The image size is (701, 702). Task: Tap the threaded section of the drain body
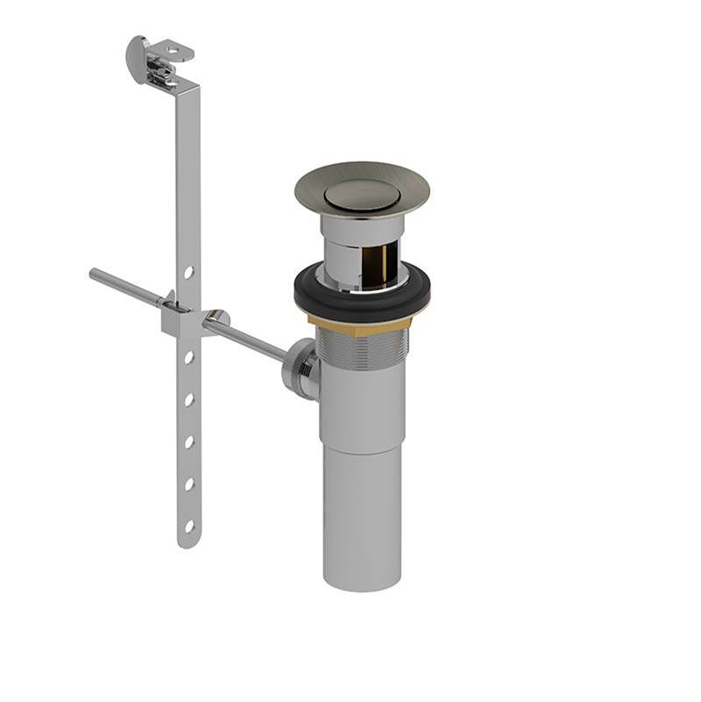(x=361, y=346)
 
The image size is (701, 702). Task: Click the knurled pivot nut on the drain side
(x=298, y=369)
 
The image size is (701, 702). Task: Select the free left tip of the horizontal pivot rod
(x=94, y=274)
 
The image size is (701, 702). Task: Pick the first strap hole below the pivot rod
(x=188, y=358)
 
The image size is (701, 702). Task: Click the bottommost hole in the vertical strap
(x=188, y=526)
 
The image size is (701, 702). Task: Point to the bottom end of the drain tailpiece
(x=361, y=583)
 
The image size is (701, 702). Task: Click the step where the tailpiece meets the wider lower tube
(x=361, y=450)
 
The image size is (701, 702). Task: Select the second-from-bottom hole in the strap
(x=188, y=484)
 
